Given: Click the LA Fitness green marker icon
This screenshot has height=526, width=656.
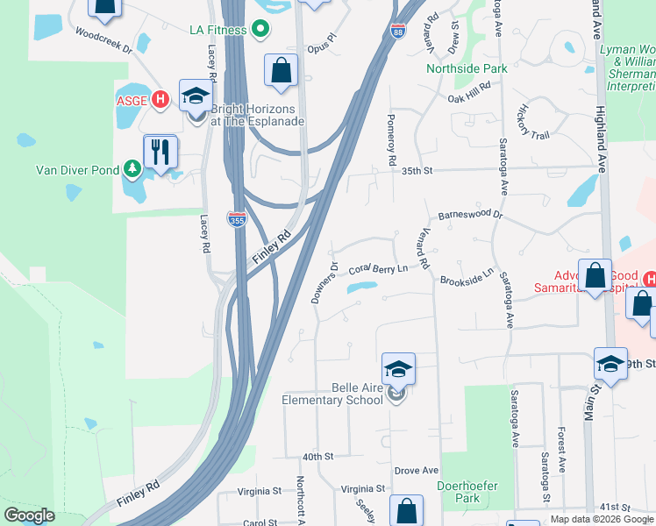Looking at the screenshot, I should tap(260, 30).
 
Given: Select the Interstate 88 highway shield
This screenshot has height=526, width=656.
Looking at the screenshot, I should tap(397, 32).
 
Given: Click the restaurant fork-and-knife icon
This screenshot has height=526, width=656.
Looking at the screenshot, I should tap(160, 151).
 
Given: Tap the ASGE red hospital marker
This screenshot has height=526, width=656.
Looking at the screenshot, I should tap(160, 99).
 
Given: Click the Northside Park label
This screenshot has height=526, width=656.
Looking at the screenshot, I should tap(467, 68).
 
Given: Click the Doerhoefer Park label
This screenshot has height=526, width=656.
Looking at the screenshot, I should tap(461, 490).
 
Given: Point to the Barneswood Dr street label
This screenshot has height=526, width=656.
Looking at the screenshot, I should tap(470, 214).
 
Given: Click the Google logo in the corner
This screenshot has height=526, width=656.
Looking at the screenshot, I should tap(29, 515).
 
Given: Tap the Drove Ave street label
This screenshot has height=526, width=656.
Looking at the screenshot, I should tap(416, 471).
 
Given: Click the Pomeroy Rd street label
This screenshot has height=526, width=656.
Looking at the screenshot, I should tap(391, 139).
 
